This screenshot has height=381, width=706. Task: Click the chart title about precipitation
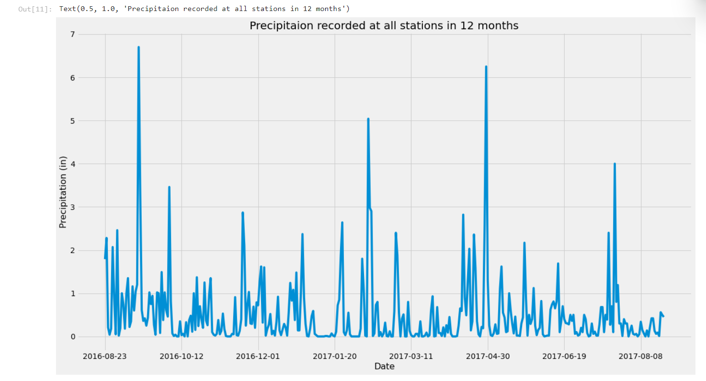[x=384, y=26]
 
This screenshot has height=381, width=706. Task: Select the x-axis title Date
[x=384, y=367]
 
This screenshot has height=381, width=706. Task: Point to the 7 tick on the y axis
[x=73, y=35]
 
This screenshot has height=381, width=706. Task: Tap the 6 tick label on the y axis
[x=73, y=78]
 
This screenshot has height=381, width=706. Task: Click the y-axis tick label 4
[x=73, y=164]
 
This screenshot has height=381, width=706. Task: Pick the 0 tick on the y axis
[x=73, y=336]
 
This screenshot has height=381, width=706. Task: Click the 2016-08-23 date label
[x=105, y=356]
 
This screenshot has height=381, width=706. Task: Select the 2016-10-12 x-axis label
[x=182, y=356]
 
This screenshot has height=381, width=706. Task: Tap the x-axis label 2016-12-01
[x=258, y=356]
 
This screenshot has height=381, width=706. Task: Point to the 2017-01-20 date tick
[x=335, y=356]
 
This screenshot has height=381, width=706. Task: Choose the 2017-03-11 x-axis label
[x=411, y=356]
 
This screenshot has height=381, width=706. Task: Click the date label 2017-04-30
[x=488, y=356]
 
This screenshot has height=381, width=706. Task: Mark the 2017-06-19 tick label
[x=565, y=356]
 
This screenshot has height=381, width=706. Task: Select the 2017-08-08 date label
[x=641, y=356]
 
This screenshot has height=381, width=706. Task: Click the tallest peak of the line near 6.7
[x=138, y=47]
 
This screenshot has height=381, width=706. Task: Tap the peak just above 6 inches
[x=486, y=67]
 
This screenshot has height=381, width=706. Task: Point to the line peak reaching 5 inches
[x=368, y=119]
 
